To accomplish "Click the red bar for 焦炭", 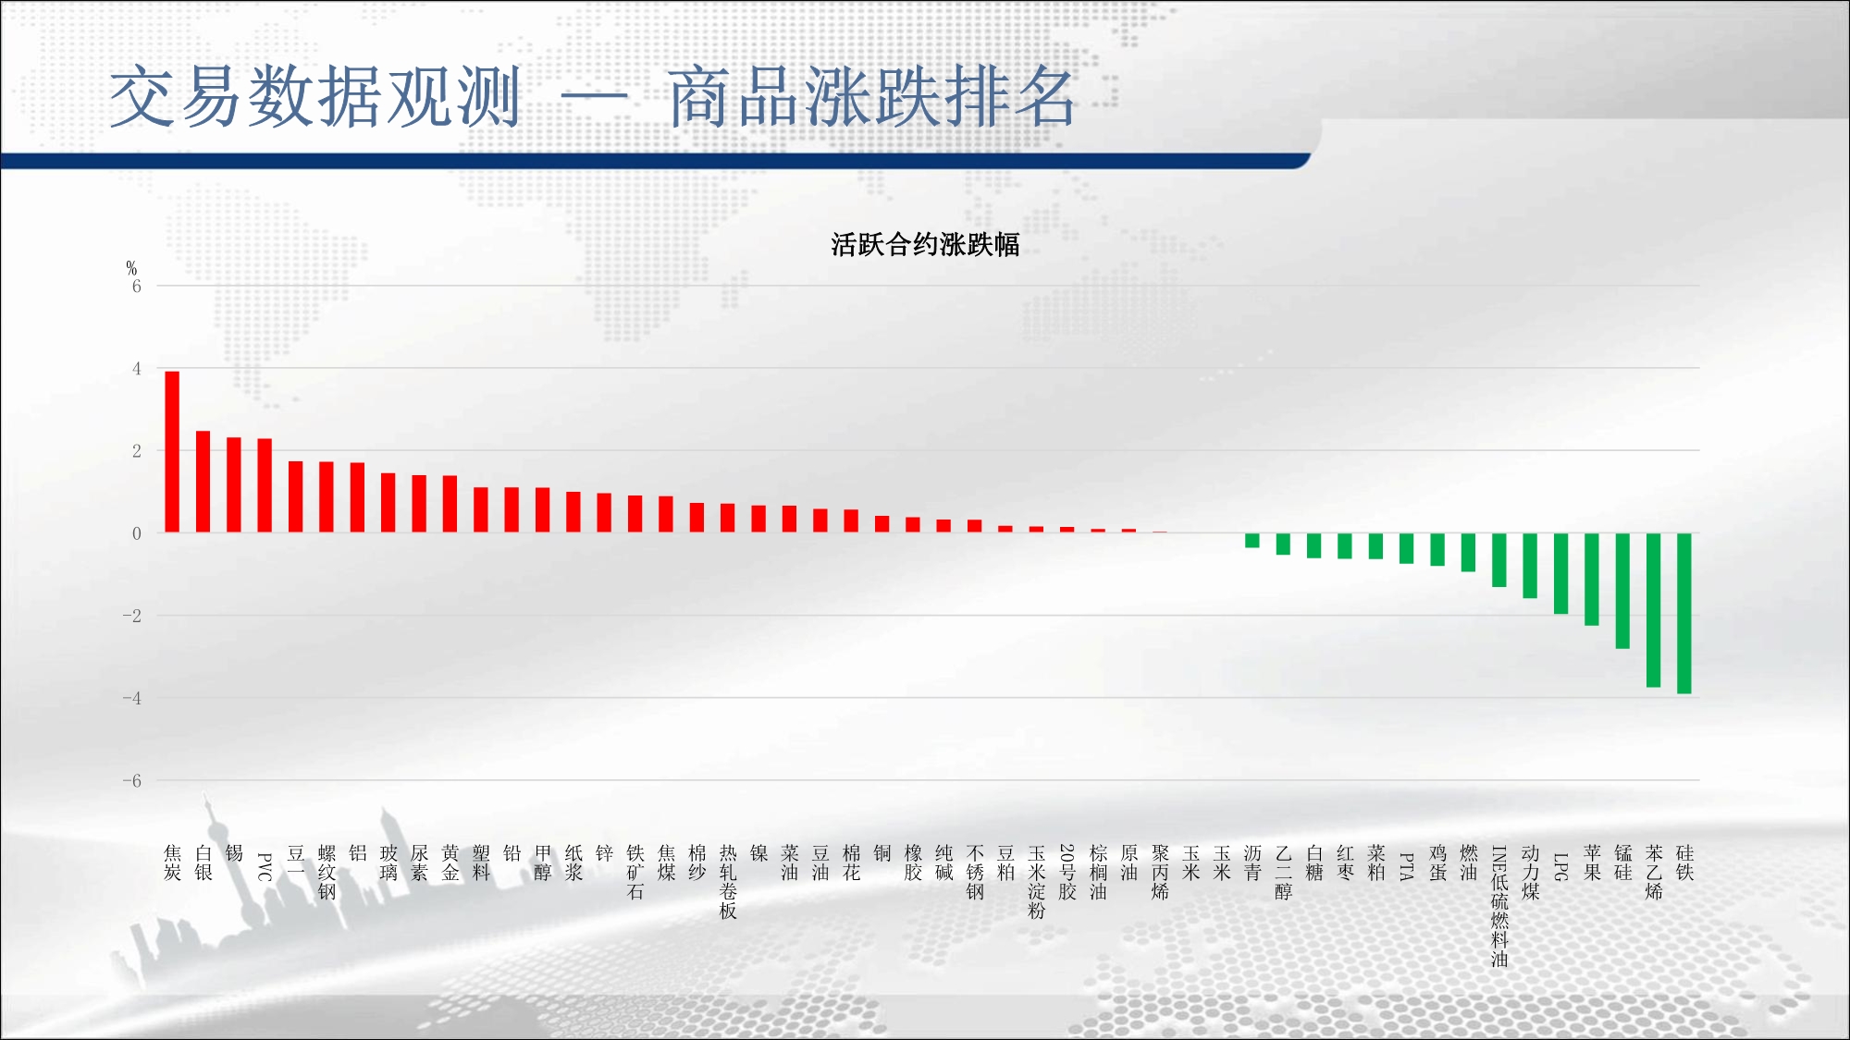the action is coord(172,452).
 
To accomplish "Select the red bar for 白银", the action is coord(203,482).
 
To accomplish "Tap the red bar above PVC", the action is coord(265,485).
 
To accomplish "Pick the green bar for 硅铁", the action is coord(1684,613).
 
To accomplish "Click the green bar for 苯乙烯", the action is coord(1654,610).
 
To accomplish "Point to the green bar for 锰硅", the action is coord(1622,591).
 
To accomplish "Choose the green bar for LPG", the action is coord(1560,573).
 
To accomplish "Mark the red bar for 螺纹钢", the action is coord(327,497).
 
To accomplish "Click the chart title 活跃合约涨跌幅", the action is coord(925,245).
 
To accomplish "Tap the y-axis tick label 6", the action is coord(137,287).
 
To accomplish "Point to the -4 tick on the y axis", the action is coord(132,699).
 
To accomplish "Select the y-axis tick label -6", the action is coord(132,781).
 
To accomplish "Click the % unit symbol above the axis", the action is coord(131,268).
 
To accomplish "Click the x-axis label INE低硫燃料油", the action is coord(1499,906).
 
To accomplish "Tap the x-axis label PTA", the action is coord(1407,866).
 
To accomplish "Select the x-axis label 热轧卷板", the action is coord(728,882).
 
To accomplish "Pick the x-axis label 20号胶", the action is coord(1067,872).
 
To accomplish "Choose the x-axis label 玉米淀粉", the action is coord(1037,882).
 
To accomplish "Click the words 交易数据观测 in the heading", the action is coord(315,97).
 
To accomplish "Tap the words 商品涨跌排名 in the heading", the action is coord(872,97).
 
